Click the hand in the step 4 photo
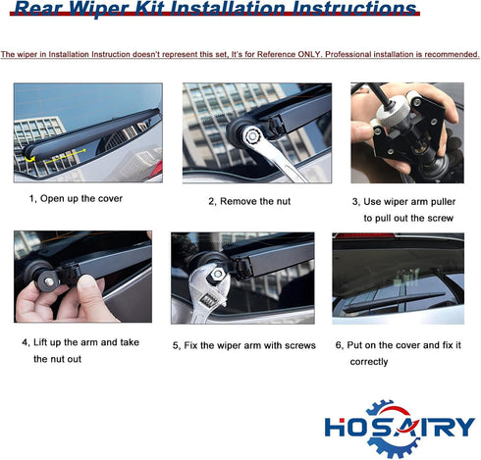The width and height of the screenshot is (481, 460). click(59, 298)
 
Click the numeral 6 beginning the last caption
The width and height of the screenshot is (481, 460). click(339, 345)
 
